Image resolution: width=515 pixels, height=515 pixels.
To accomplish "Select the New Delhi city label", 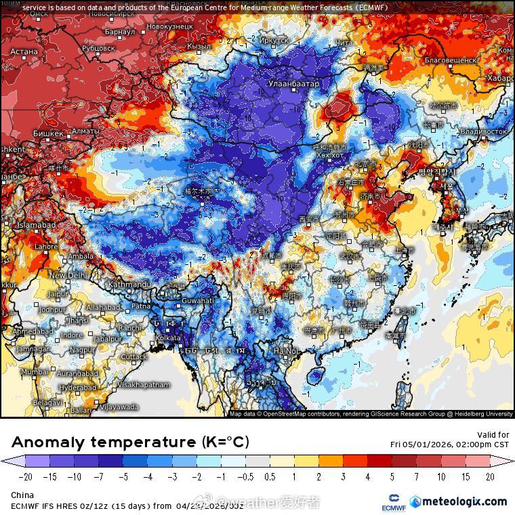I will click(x=67, y=276).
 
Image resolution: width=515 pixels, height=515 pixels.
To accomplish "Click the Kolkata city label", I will click(x=168, y=337).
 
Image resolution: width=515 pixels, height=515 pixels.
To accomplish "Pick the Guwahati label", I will click(x=198, y=300).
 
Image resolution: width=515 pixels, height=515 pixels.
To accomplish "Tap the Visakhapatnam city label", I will click(x=144, y=384).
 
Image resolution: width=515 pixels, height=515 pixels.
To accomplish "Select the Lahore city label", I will click(x=46, y=247).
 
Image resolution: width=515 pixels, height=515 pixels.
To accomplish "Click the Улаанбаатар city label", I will click(x=294, y=83).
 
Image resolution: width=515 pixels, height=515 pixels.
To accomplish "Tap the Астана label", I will click(x=24, y=52).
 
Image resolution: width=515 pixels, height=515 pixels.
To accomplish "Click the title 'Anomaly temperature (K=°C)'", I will click(x=130, y=442).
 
